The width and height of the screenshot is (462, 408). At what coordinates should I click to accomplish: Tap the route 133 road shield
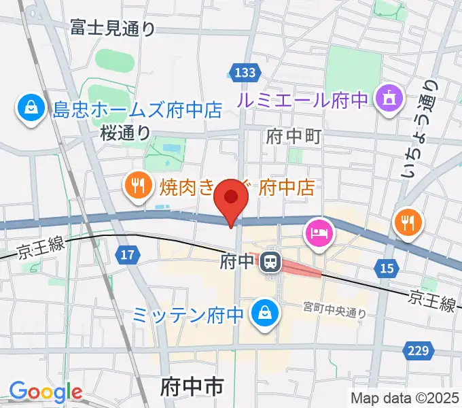244,73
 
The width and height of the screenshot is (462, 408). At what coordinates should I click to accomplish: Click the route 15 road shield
387,269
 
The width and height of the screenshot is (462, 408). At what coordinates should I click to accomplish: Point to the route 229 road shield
420,351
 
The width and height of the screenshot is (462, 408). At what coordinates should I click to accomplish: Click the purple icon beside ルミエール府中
388,99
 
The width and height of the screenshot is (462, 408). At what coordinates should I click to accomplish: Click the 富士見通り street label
113,28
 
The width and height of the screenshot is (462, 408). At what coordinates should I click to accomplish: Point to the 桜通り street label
125,132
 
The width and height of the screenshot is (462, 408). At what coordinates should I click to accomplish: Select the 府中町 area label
294,136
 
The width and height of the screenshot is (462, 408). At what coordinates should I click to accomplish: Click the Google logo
46,392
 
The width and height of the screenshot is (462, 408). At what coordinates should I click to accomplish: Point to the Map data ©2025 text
405,398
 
